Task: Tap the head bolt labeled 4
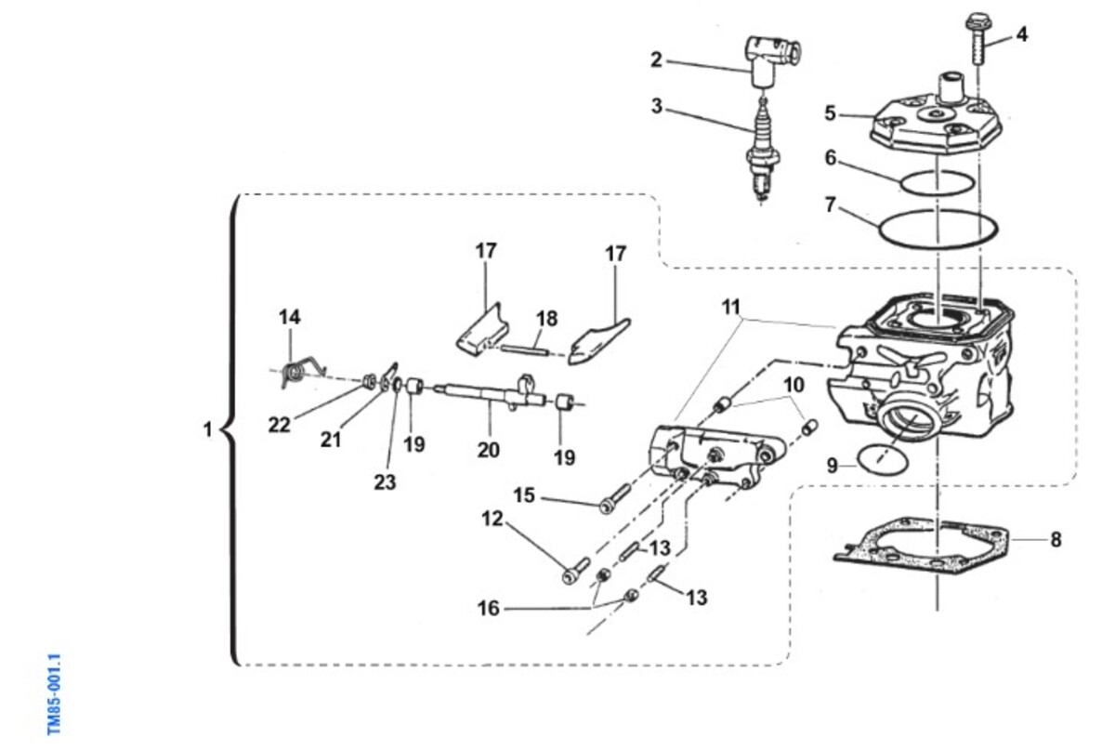tap(977, 44)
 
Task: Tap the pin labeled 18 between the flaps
tap(526, 350)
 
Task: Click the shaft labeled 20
tap(491, 396)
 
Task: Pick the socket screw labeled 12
tap(576, 571)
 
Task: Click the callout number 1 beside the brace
tap(207, 429)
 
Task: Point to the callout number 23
tap(385, 482)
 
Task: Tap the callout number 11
tap(731, 307)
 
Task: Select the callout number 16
tap(489, 608)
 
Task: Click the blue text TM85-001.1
tap(54, 694)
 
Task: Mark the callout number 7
tap(830, 204)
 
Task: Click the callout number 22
tap(279, 425)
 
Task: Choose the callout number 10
tap(794, 385)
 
